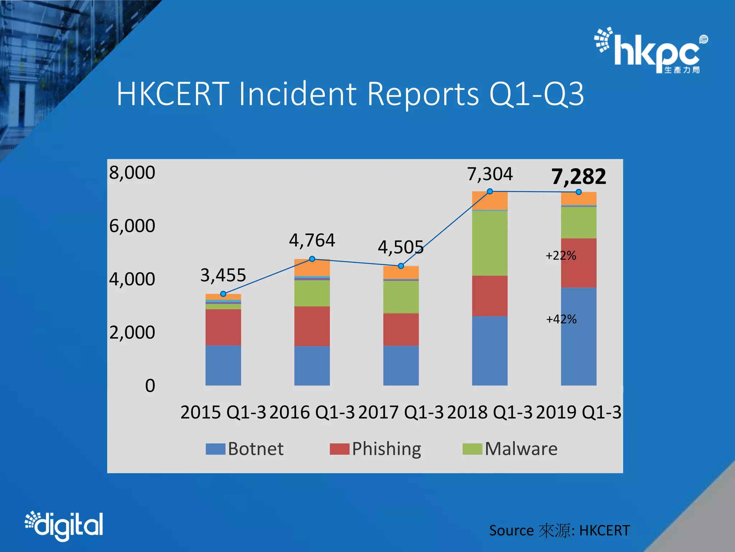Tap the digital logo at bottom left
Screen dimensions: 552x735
pos(64,525)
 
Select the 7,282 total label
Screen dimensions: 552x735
pos(579,176)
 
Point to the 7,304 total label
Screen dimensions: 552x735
pos(490,174)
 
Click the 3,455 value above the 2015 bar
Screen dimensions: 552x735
pos(223,275)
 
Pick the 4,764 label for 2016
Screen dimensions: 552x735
pos(312,240)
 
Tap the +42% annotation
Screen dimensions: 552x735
pos(561,319)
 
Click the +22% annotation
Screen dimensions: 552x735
pos(561,256)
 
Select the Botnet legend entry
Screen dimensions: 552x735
pos(245,449)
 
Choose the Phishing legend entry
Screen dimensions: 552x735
pos(375,449)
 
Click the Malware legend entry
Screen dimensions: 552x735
pos(510,449)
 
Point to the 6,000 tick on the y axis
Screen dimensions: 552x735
pos(132,226)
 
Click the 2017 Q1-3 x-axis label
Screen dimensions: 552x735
pos(401,412)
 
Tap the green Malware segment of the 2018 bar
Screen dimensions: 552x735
pos(490,243)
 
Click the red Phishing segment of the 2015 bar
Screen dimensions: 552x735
pos(223,327)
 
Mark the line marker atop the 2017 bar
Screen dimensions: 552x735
pos(401,266)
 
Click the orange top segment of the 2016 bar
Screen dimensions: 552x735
pos(312,267)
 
